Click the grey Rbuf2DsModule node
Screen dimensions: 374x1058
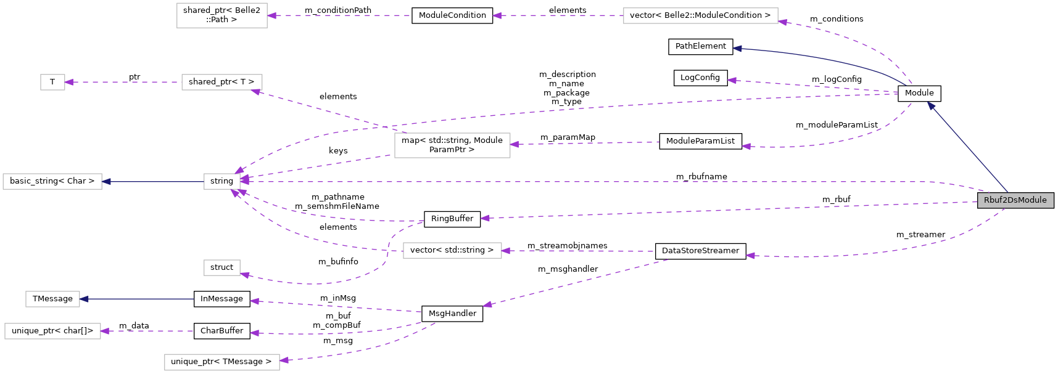pyautogui.click(x=1015, y=200)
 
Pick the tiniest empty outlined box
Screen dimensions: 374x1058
pyautogui.click(x=52, y=82)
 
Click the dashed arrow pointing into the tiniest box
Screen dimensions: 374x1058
pyautogui.click(x=123, y=82)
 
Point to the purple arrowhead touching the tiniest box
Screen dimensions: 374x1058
pyautogui.click(x=69, y=82)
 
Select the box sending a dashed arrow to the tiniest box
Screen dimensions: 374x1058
pyautogui.click(x=221, y=82)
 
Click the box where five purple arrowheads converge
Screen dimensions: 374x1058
pyautogui.click(x=221, y=181)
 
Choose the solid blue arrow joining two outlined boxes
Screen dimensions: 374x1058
pyautogui.click(x=154, y=182)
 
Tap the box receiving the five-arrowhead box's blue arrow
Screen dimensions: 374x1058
pyautogui.click(x=52, y=181)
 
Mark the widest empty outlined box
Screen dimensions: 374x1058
pyautogui.click(x=700, y=15)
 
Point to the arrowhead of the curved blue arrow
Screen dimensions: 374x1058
pyautogui.click(x=737, y=48)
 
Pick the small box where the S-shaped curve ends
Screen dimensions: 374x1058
pyautogui.click(x=221, y=267)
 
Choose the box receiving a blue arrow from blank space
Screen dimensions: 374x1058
pyautogui.click(x=52, y=299)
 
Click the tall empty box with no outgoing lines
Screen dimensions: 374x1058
pyautogui.click(x=221, y=15)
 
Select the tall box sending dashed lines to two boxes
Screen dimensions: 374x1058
pyautogui.click(x=452, y=145)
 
